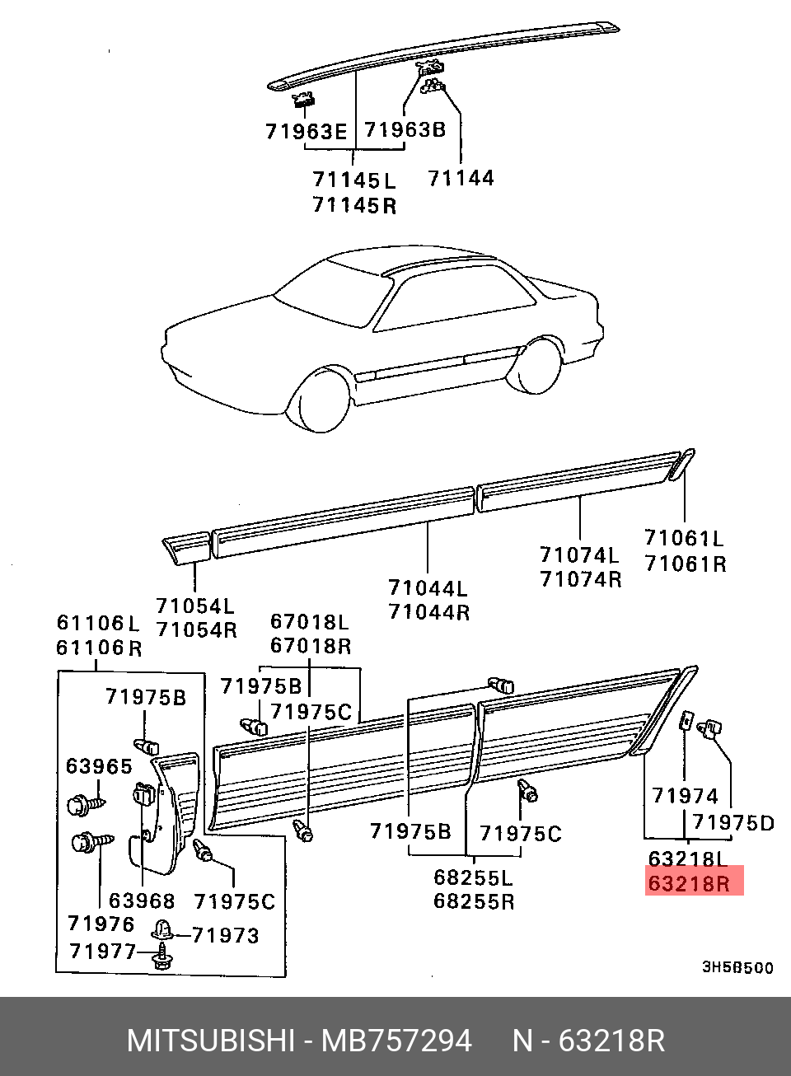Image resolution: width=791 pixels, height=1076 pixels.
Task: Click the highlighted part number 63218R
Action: click(690, 883)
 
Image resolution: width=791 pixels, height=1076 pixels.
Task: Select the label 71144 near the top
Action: click(461, 177)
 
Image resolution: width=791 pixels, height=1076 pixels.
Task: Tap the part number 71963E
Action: click(306, 131)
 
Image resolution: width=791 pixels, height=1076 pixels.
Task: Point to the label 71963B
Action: click(405, 129)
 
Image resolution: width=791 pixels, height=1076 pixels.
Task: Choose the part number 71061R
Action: click(686, 564)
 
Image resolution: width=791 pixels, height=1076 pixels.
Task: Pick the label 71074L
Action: click(579, 554)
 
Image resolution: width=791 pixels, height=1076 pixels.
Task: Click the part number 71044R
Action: click(428, 612)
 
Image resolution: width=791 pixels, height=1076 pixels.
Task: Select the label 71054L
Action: click(195, 606)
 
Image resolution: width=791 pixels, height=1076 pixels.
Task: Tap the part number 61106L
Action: click(98, 623)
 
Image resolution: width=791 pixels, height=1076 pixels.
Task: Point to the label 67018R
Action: click(311, 646)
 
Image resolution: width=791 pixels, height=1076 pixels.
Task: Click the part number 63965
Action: click(99, 766)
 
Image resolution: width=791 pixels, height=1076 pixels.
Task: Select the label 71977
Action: click(102, 952)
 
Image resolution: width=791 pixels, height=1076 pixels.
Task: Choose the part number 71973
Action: click(226, 935)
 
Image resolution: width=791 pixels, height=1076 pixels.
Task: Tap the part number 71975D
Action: click(732, 822)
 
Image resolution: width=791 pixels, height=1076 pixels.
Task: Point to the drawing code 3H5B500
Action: click(737, 967)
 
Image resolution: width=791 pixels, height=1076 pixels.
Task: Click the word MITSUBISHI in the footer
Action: click(210, 1041)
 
